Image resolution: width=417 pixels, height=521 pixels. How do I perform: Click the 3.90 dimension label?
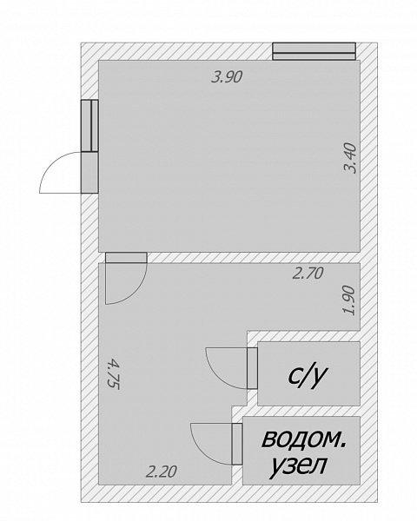(227, 76)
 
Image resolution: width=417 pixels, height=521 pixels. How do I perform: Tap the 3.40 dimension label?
(350, 158)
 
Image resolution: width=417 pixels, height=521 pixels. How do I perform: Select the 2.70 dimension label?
(308, 274)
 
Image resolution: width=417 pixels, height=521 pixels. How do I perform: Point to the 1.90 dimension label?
(349, 300)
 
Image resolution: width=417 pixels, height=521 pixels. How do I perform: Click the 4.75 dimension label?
(114, 373)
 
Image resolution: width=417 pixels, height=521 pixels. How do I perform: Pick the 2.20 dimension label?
(162, 472)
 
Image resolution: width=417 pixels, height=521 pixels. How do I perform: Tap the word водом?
(303, 439)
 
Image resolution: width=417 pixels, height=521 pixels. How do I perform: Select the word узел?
(298, 465)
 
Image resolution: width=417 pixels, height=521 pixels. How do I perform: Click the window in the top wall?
(314, 51)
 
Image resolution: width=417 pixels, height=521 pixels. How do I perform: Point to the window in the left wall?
(89, 126)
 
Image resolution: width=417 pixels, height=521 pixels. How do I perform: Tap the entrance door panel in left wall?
(89, 173)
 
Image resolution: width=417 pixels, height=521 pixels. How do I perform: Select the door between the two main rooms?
(126, 258)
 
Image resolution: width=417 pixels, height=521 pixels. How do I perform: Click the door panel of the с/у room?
(252, 368)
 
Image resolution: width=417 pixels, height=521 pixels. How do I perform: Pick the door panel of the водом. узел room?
(237, 444)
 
